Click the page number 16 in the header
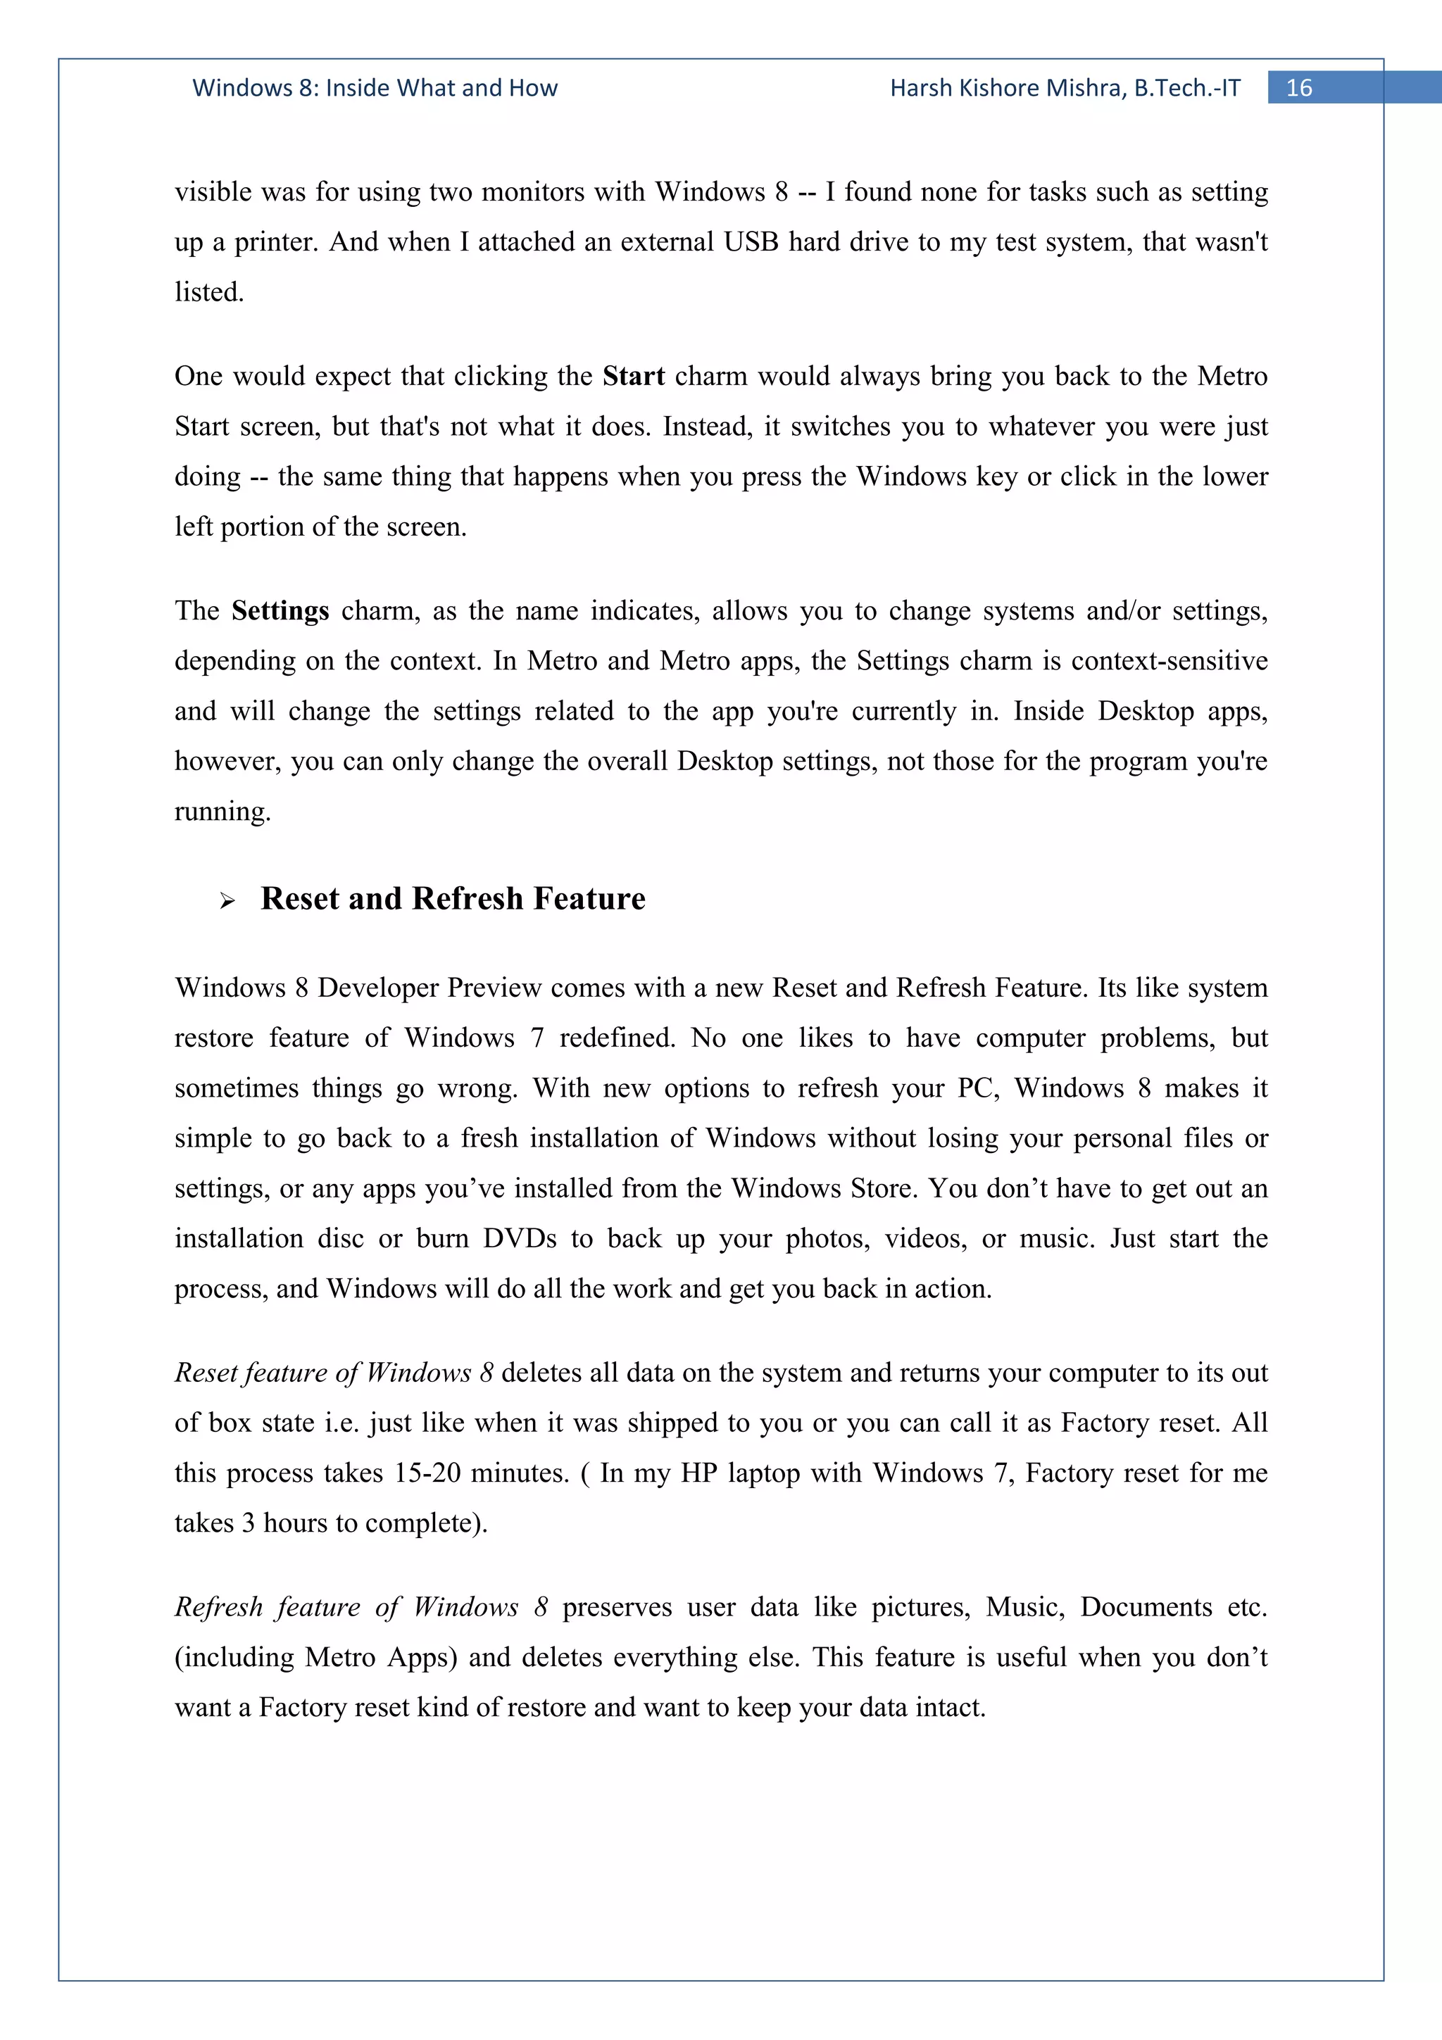[x=1299, y=88]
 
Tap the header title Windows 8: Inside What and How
[x=375, y=88]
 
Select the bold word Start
[x=634, y=376]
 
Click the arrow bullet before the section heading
[x=227, y=901]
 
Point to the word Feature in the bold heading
[x=589, y=898]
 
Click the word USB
[x=751, y=241]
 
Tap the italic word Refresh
[x=217, y=1607]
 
